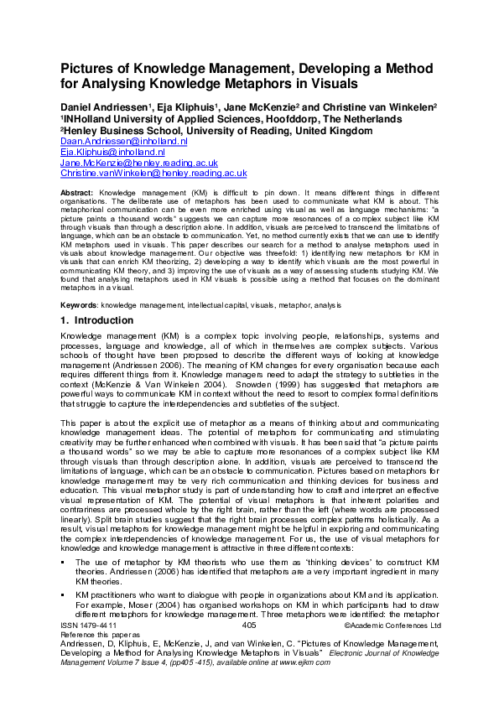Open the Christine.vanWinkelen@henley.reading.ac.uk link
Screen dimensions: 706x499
point(153,173)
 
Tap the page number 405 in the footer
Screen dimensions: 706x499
point(248,626)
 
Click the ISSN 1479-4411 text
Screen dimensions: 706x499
point(89,626)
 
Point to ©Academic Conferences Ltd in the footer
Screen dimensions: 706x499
point(392,626)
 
